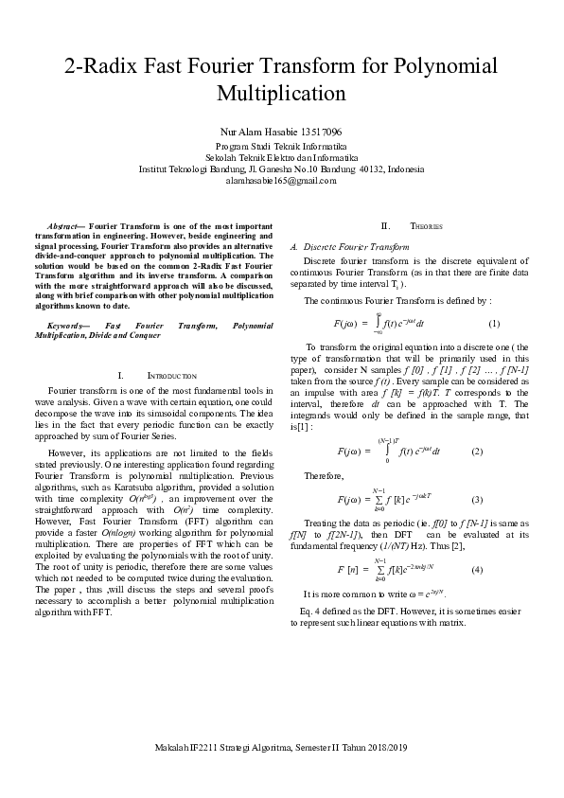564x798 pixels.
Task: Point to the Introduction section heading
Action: click(x=170, y=376)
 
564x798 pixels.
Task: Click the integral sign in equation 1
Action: click(x=378, y=325)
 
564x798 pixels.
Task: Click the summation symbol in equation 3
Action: click(x=379, y=499)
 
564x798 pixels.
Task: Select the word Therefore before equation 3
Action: click(x=324, y=475)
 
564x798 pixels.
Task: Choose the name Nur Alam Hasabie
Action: click(x=258, y=132)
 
